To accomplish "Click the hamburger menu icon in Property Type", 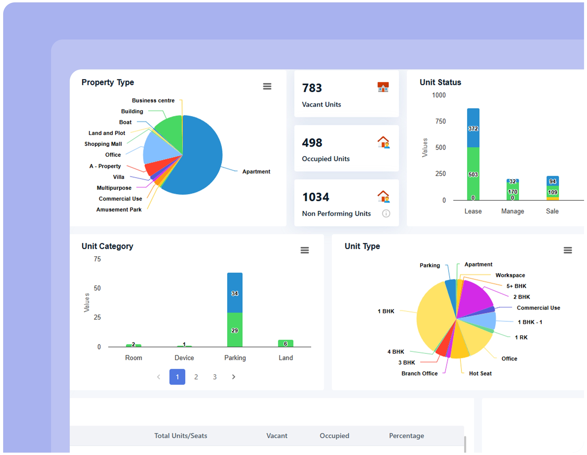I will (267, 86).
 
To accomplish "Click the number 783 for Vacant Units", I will (312, 88).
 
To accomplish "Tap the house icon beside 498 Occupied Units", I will (383, 142).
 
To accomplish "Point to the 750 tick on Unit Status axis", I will (440, 121).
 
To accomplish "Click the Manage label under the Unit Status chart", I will (513, 211).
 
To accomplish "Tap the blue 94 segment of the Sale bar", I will (552, 181).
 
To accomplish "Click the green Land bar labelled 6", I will (285, 343).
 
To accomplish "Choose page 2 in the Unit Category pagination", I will (196, 377).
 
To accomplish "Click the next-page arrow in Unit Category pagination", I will (234, 377).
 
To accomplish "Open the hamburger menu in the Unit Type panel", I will (567, 250).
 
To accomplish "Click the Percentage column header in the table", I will (406, 436).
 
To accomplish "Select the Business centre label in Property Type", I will (153, 101).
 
